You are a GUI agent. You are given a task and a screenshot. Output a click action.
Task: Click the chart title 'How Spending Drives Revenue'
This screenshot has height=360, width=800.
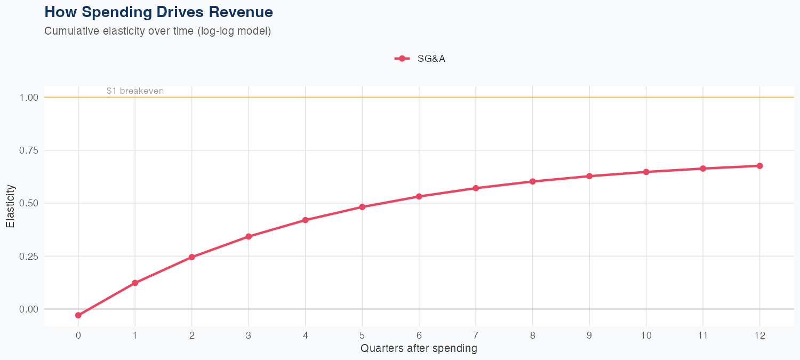[158, 12]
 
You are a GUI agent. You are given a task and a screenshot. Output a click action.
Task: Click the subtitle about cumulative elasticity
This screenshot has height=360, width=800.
[158, 31]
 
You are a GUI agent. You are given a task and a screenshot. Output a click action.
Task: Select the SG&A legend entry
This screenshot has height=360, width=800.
[420, 59]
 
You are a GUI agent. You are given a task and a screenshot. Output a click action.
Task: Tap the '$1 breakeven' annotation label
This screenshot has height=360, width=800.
[135, 91]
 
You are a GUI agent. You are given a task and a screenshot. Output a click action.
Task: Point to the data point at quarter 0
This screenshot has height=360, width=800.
[78, 315]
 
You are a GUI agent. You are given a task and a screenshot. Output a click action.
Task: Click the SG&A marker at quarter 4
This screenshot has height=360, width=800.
[306, 220]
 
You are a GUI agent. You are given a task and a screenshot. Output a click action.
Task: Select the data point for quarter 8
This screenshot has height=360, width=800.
[532, 181]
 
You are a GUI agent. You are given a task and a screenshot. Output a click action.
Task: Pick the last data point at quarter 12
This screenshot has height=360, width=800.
[759, 166]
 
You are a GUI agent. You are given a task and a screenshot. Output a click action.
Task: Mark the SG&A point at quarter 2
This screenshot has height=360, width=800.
[192, 257]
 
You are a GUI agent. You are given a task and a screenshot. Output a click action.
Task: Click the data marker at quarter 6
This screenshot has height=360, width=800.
[419, 196]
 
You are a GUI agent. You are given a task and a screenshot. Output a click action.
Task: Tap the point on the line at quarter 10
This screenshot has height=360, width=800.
[646, 172]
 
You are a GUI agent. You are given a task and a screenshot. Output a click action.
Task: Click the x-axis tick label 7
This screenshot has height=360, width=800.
[476, 335]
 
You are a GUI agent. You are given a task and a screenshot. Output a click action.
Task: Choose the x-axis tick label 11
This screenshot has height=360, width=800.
[702, 335]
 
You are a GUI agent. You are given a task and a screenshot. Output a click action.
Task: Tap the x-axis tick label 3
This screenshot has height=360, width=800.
[249, 335]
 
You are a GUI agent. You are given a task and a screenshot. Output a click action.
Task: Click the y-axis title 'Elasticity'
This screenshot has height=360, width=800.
[10, 206]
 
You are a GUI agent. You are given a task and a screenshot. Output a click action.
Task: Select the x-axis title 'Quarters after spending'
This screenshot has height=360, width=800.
[419, 349]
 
